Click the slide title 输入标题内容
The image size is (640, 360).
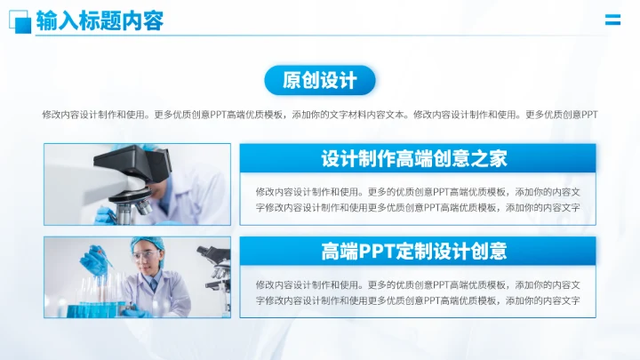click(x=100, y=20)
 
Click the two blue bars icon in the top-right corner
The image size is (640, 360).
click(x=612, y=20)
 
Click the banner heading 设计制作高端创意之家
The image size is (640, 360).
click(x=414, y=159)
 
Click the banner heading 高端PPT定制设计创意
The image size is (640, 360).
click(x=414, y=252)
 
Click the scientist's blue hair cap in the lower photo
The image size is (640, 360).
click(x=144, y=244)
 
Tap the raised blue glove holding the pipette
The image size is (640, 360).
click(x=101, y=260)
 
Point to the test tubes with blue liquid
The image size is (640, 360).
click(x=93, y=302)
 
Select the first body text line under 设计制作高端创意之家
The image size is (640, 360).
click(x=418, y=191)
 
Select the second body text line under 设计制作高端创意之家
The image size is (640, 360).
click(x=418, y=208)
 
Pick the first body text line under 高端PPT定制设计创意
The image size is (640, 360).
click(x=418, y=284)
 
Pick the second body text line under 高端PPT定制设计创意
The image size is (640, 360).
click(x=418, y=301)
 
